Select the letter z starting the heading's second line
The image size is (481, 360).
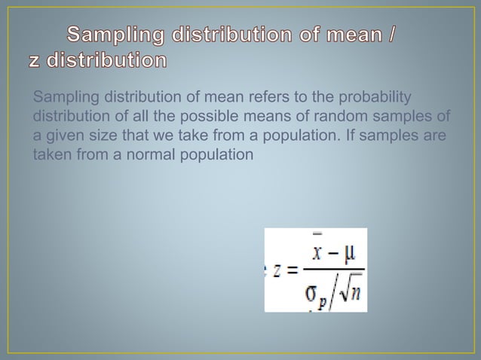[36, 60]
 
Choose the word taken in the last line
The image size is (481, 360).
[51, 155]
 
